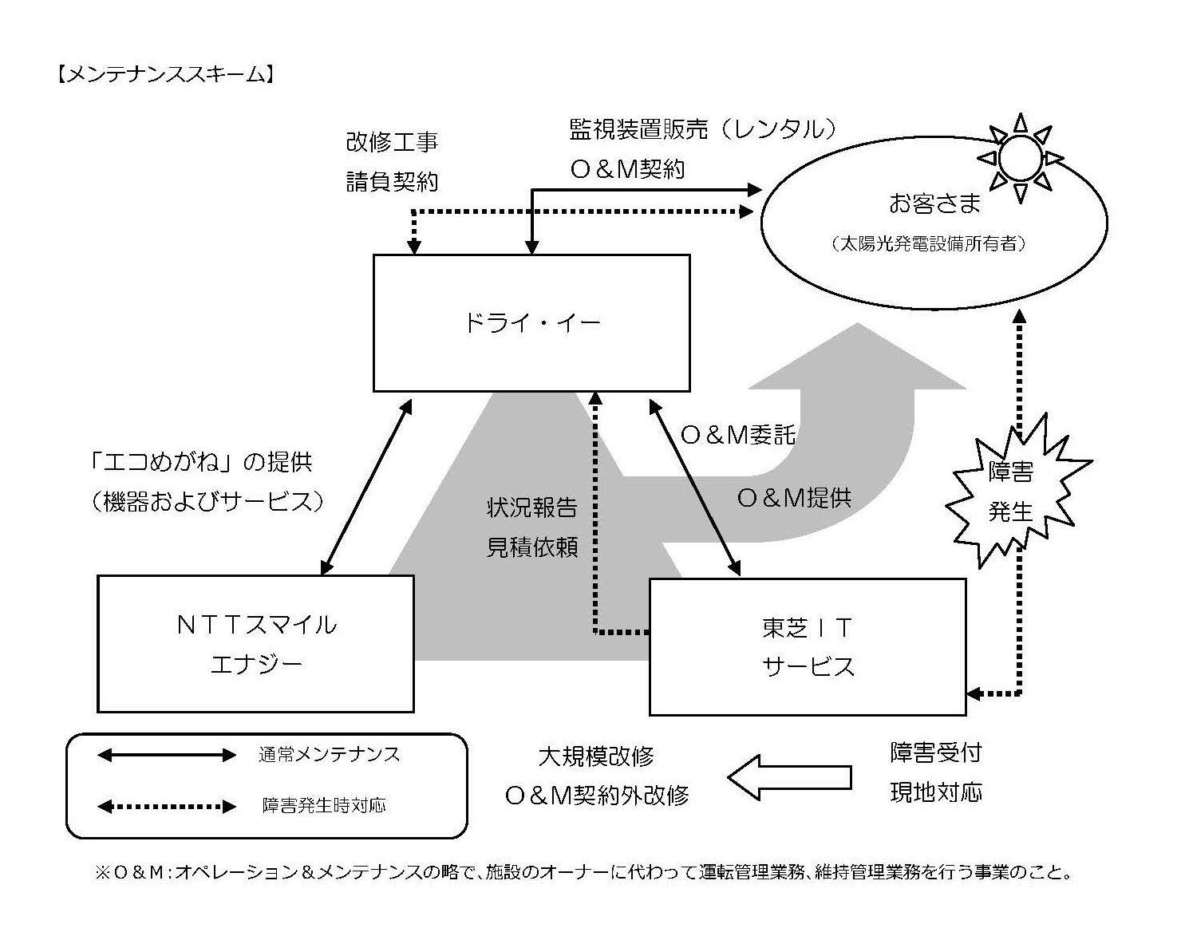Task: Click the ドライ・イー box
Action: click(531, 323)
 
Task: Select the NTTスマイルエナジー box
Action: click(255, 643)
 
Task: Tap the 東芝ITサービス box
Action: click(808, 646)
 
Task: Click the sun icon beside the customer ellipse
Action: click(1020, 157)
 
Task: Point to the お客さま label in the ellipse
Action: click(934, 203)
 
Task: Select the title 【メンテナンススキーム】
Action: click(166, 75)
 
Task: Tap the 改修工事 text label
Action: click(392, 143)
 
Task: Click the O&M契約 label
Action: click(627, 169)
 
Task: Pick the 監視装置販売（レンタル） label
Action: click(703, 129)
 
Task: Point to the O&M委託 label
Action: click(737, 434)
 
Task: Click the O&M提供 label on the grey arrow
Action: click(793, 498)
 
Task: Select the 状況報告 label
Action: click(532, 507)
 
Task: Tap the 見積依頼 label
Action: click(532, 547)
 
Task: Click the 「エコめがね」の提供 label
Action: click(201, 461)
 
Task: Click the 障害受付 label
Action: click(935, 752)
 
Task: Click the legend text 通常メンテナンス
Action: click(329, 754)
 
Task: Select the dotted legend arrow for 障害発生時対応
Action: click(166, 806)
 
